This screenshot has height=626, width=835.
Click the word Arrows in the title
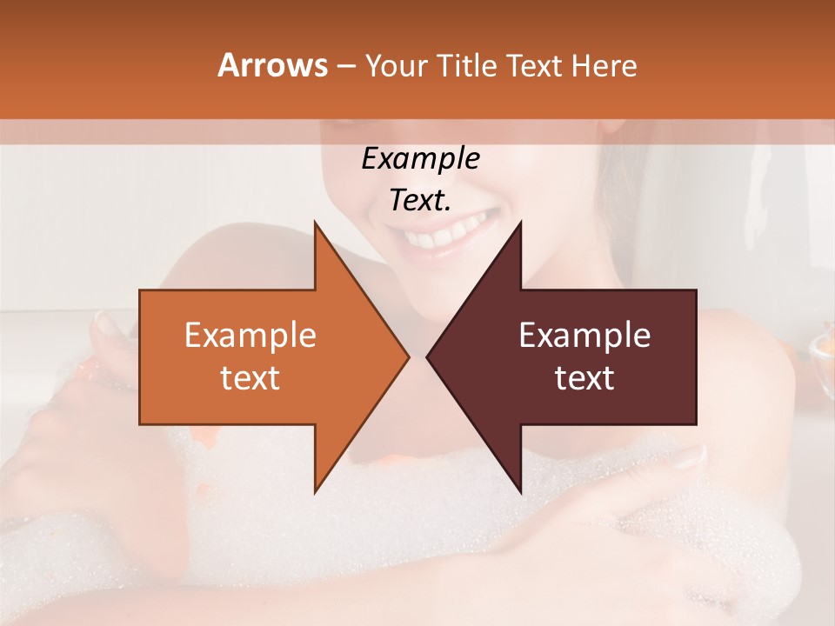tap(271, 65)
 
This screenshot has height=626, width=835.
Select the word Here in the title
tap(605, 65)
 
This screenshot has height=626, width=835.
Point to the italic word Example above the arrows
tap(420, 159)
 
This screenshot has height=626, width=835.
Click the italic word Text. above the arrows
tap(420, 201)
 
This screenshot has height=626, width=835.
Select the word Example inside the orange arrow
tap(250, 336)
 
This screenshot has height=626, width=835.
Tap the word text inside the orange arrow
tap(250, 378)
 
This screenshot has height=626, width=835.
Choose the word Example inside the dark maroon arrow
tap(584, 336)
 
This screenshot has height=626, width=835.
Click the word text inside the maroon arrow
tap(584, 378)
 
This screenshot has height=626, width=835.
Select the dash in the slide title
tap(345, 66)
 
